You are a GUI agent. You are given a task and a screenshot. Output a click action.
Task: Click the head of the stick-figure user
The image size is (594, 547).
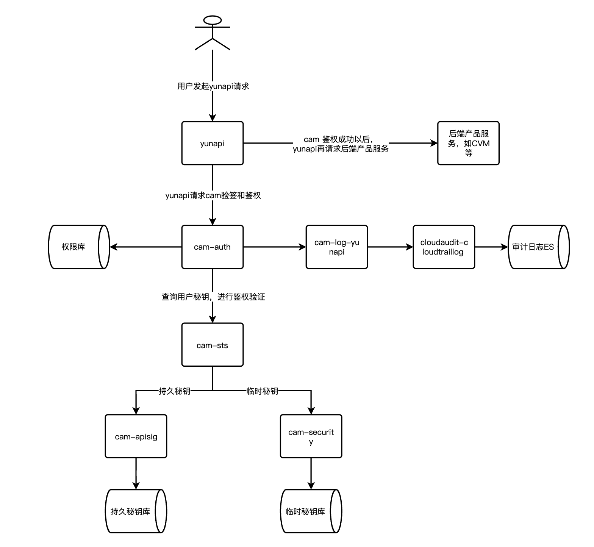(x=213, y=20)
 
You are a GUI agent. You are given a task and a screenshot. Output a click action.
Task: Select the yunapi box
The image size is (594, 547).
(x=213, y=143)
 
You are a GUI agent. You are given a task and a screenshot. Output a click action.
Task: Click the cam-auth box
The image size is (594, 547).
(x=213, y=247)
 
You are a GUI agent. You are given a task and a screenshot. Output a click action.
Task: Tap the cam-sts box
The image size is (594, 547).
(x=213, y=345)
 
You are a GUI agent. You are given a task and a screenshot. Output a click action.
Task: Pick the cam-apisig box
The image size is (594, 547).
(x=136, y=436)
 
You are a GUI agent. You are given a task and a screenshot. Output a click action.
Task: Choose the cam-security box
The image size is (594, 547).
(x=311, y=436)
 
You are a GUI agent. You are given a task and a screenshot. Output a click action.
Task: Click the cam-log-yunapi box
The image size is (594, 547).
(x=337, y=247)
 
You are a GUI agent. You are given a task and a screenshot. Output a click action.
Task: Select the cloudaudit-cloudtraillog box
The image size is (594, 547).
(x=444, y=247)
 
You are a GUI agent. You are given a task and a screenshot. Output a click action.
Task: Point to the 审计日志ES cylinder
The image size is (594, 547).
(x=539, y=247)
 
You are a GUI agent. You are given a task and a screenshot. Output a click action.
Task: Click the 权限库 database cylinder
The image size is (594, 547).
(x=79, y=247)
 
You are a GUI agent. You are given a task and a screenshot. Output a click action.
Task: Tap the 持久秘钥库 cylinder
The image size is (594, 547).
(x=136, y=511)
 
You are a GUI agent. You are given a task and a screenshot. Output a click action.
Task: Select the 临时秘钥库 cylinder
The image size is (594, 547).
(x=311, y=511)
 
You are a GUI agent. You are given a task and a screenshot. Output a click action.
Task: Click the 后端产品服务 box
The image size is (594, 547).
(x=469, y=143)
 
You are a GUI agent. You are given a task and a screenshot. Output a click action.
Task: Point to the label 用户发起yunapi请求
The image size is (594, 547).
(x=213, y=86)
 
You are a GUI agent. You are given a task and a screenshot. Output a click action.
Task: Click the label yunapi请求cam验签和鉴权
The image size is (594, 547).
(x=213, y=195)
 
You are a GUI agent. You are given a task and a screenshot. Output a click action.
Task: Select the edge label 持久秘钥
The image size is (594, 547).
(x=175, y=391)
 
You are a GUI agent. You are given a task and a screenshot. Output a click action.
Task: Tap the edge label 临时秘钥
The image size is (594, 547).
(x=263, y=391)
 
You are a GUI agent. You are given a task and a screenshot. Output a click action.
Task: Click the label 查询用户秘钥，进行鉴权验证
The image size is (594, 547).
(x=213, y=297)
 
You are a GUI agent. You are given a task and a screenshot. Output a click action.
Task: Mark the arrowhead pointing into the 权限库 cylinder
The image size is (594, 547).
(x=114, y=247)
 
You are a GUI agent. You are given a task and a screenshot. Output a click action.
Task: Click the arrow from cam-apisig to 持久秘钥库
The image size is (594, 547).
(x=136, y=474)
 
